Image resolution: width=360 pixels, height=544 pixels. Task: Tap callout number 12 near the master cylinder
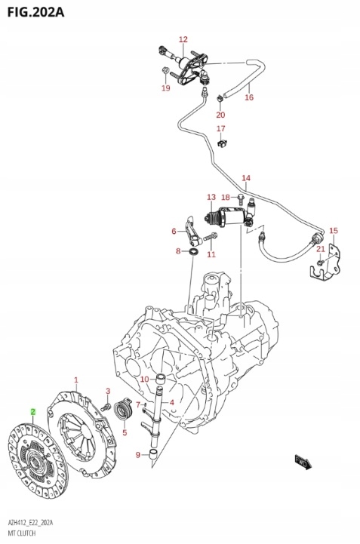183,39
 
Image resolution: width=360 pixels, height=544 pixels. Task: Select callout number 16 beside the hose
248,97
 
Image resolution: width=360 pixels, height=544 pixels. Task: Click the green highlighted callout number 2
32,411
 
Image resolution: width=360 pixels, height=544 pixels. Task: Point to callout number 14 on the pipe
245,178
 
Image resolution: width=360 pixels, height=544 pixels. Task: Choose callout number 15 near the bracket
334,230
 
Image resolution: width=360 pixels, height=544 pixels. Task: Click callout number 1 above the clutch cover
75,379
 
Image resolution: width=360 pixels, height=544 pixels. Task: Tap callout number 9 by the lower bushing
138,454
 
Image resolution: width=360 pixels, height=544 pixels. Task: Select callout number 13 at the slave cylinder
211,196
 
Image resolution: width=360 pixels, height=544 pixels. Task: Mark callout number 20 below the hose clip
220,115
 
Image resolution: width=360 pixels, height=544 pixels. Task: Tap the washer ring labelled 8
194,250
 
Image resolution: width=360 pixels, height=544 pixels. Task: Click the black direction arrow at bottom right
304,461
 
